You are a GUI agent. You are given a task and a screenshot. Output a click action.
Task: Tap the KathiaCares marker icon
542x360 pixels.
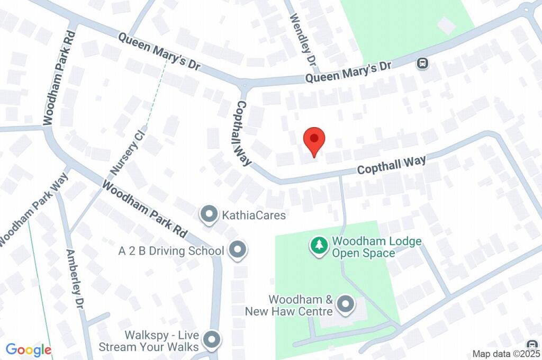[209, 215]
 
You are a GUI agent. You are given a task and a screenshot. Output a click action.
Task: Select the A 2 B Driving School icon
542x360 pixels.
[237, 250]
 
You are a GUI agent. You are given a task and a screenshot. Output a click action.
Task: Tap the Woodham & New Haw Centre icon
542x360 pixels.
[346, 304]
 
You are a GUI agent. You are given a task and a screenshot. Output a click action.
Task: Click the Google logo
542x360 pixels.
[29, 349]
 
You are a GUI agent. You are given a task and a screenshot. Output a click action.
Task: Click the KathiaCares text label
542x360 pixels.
[254, 215]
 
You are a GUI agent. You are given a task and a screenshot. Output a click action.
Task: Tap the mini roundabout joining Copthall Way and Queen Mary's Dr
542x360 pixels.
[244, 84]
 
